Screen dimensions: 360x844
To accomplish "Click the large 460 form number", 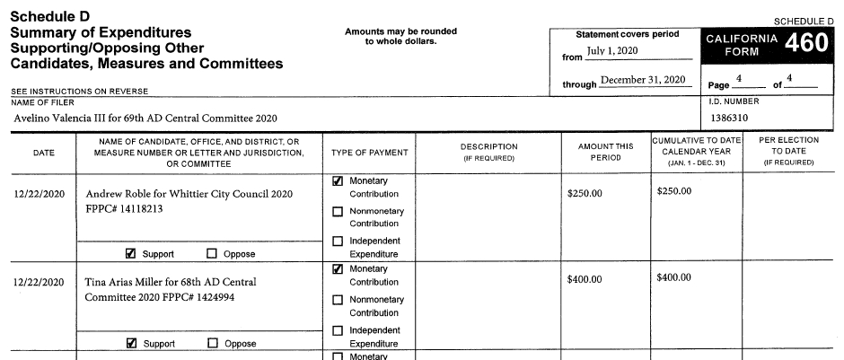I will point(805,43).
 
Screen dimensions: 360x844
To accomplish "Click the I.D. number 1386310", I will point(728,118).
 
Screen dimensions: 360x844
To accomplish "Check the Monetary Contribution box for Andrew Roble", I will point(338,181).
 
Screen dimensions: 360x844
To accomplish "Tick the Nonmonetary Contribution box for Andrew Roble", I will point(338,212).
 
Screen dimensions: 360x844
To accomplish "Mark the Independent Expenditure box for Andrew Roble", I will point(338,241).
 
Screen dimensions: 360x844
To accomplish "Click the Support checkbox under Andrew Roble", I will point(131,253).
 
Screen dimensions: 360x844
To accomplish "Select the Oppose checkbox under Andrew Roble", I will point(213,253).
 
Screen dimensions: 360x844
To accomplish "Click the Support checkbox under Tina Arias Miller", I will point(131,343).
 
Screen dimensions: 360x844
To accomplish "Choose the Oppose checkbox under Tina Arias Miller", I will point(213,343).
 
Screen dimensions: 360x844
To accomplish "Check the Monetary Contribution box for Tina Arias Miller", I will point(338,268).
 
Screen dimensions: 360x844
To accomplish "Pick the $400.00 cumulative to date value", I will point(674,278).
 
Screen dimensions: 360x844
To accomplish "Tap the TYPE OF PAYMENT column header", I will point(370,153).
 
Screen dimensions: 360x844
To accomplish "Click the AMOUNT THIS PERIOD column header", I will point(600,153).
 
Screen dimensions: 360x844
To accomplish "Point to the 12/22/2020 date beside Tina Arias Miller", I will point(40,281).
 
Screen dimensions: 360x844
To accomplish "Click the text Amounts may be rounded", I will point(400,31).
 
